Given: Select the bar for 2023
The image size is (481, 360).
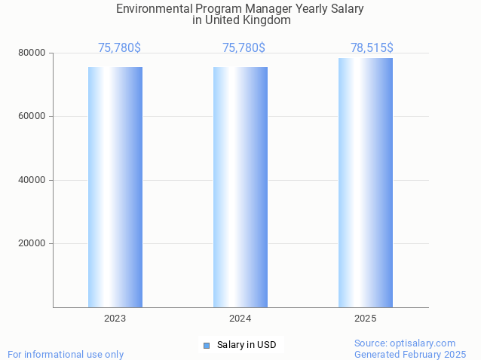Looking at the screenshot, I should tap(115, 187).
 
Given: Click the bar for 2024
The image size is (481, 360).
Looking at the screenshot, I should tap(240, 187).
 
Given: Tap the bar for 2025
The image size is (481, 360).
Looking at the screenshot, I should tap(366, 182).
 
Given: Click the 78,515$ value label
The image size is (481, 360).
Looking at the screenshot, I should tap(372, 48).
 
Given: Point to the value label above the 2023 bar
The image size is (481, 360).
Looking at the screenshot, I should tap(119, 48).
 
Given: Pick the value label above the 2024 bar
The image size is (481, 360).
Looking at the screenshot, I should tap(244, 48).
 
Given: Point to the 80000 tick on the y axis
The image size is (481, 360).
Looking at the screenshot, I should tap(32, 53).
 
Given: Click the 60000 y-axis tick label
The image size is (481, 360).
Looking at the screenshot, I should tap(32, 117).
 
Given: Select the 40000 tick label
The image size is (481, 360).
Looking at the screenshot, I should tap(32, 180).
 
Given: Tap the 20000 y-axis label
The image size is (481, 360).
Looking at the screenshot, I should tap(32, 243).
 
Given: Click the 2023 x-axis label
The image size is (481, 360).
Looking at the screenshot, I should tap(115, 319).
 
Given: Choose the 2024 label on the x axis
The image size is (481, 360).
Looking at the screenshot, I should tap(240, 319).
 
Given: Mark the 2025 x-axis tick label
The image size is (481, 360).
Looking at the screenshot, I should tap(366, 319).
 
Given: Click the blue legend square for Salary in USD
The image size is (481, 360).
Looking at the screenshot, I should tap(207, 345).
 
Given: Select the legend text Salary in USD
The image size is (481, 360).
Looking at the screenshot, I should tap(247, 345).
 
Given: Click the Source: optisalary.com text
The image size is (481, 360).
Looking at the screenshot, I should tap(405, 343).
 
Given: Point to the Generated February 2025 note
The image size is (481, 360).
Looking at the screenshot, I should tap(410, 354).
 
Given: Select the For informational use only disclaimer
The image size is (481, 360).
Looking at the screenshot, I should tap(66, 354).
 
